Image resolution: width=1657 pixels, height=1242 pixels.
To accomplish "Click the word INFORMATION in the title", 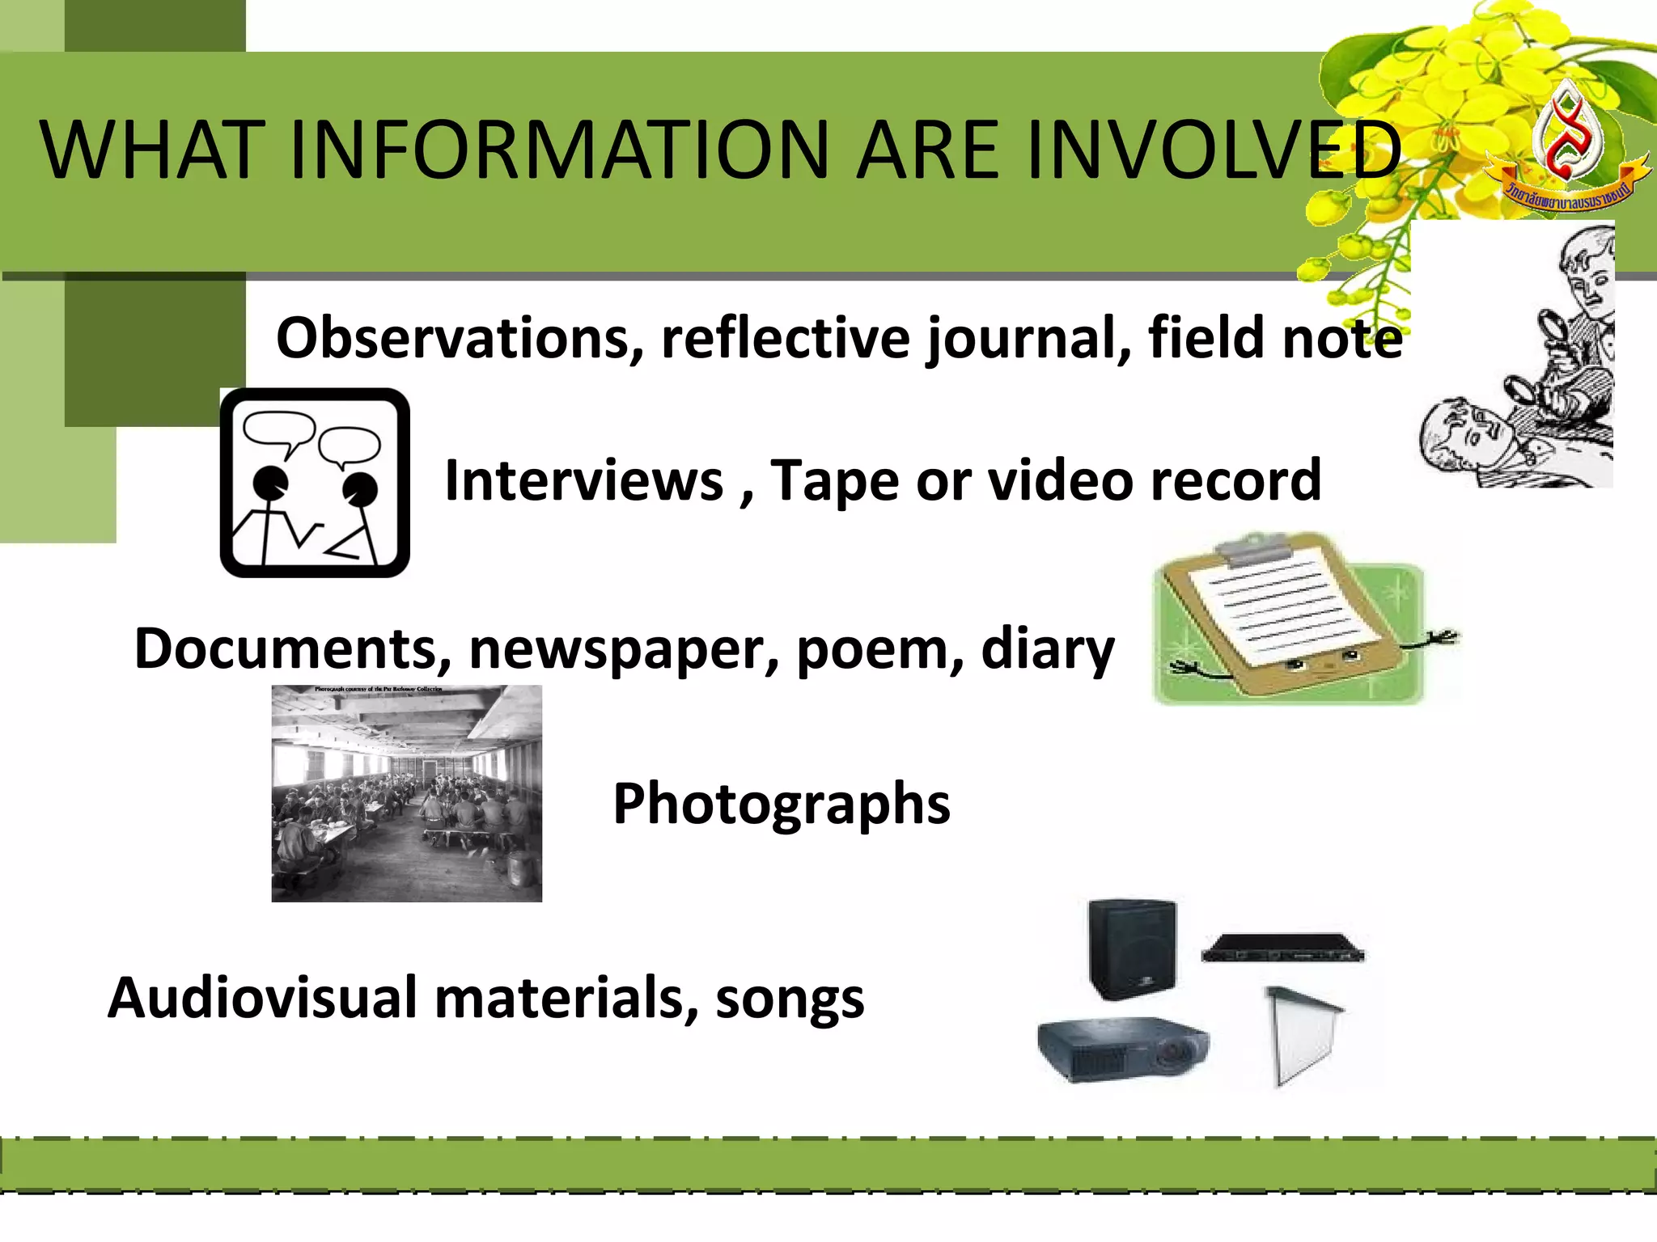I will tap(558, 150).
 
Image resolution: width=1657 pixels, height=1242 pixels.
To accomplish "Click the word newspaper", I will tap(624, 649).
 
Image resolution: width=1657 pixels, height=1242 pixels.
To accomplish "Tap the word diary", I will tap(1048, 649).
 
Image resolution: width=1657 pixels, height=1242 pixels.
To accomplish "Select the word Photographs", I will tap(782, 805).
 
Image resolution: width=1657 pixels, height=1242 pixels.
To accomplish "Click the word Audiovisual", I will tap(262, 998).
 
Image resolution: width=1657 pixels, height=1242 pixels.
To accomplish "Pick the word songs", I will tap(790, 999).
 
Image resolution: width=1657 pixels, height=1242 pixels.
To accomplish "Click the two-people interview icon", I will tap(315, 483).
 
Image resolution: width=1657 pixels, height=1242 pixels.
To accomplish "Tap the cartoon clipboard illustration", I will tap(1295, 619).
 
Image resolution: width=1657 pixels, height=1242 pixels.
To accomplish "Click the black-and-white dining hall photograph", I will tap(406, 793).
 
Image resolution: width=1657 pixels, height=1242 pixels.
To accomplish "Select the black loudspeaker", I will tap(1132, 948).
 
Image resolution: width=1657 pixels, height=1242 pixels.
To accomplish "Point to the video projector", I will tap(1123, 1049).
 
